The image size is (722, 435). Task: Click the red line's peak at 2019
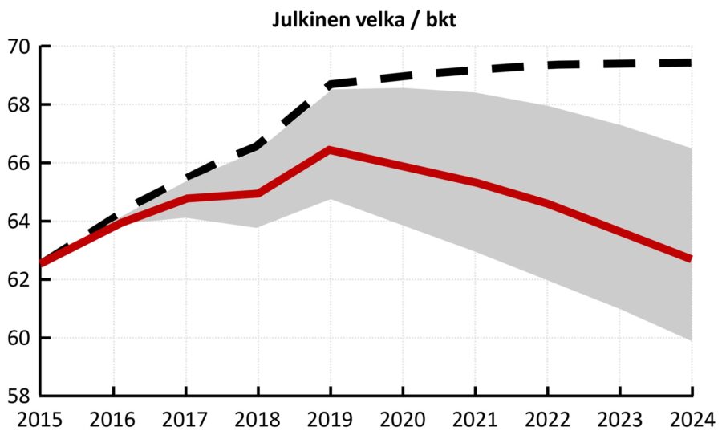[331, 149]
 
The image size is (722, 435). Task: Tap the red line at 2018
[258, 193]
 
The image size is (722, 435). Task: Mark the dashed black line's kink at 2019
[331, 83]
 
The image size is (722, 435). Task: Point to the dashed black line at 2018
[258, 146]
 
